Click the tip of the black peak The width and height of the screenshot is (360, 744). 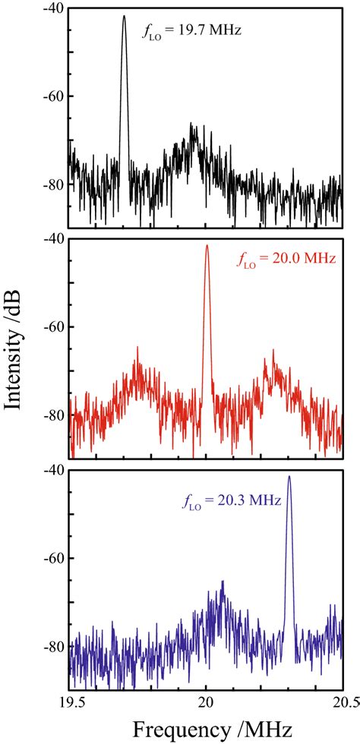(x=124, y=16)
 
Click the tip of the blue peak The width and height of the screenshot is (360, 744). (x=289, y=477)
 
